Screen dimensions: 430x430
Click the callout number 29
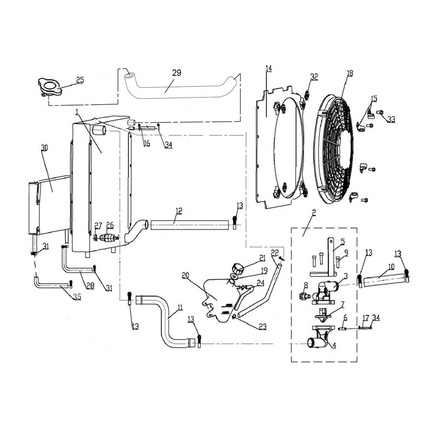point(177,73)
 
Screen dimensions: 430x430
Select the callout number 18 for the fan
point(350,73)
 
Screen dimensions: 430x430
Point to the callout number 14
point(269,68)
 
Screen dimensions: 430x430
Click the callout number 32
point(313,76)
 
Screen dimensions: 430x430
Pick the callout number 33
point(391,119)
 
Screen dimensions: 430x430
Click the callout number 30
point(44,148)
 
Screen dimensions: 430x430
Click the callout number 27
point(98,226)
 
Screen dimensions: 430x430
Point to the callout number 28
point(89,285)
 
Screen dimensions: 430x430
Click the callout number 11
point(180,308)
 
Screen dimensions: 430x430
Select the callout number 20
point(186,275)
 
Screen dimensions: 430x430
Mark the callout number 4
point(334,345)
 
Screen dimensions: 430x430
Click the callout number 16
point(146,143)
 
